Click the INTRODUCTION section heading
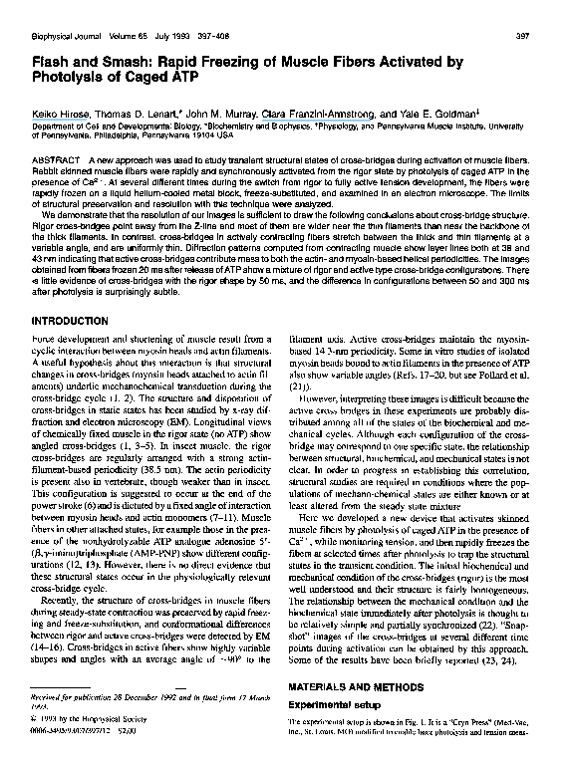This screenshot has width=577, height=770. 72,322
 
